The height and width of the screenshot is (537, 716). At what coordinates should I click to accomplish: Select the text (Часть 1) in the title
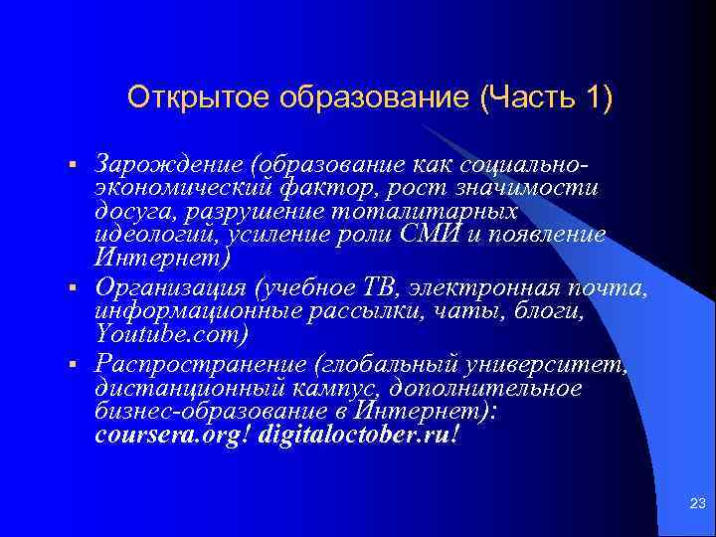coord(546,99)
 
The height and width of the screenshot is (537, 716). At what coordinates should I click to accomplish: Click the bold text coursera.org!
coord(172,437)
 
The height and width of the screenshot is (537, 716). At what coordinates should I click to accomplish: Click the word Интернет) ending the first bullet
coord(161,260)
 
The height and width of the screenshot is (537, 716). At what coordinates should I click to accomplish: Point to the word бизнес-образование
coord(208,413)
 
